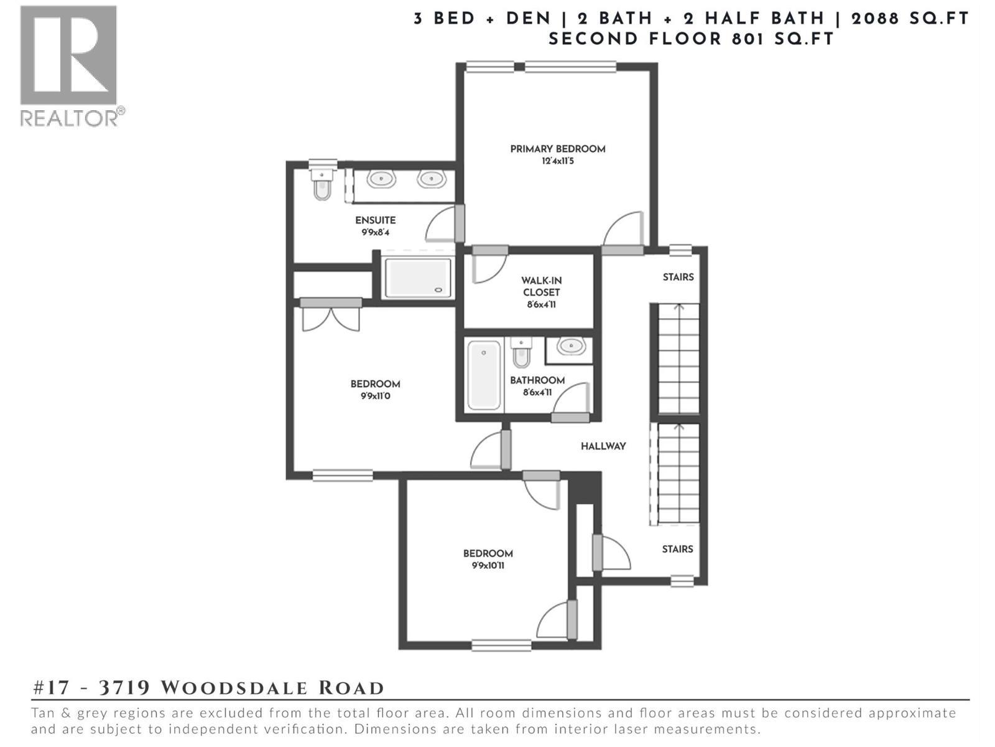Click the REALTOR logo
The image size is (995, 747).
68,65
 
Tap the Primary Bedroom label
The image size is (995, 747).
557,149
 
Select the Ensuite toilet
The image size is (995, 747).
322,185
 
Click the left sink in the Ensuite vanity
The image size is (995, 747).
381,179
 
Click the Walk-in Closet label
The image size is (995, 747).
541,286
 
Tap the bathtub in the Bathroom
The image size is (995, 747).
484,375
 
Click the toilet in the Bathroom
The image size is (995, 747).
521,353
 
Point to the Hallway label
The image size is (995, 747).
603,446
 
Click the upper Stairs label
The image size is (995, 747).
678,277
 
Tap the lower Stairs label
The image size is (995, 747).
677,549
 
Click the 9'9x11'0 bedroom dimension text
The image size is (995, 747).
375,396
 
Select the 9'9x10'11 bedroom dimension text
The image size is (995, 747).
488,566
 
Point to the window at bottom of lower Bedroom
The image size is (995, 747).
501,646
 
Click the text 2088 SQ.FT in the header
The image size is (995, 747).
910,19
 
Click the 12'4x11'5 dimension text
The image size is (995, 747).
557,161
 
